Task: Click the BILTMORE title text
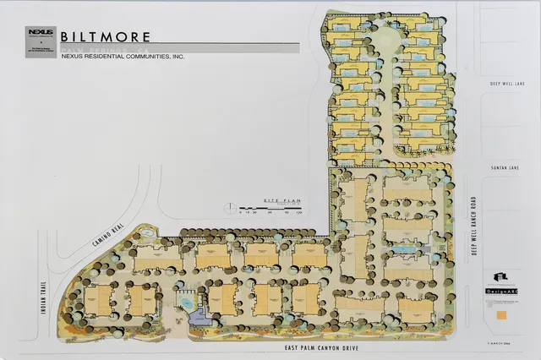(107, 36)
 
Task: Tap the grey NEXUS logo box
(41, 33)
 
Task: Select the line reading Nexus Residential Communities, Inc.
(122, 57)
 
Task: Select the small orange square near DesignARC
(504, 314)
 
